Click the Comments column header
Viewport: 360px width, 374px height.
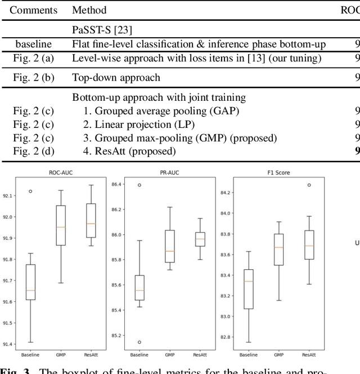33,10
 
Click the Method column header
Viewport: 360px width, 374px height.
89,10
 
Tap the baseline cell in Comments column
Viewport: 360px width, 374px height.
33,44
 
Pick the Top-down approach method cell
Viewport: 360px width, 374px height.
116,77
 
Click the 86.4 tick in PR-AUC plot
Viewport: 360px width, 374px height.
117,184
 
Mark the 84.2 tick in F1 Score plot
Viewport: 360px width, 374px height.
223,193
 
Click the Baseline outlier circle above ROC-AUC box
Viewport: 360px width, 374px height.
31,191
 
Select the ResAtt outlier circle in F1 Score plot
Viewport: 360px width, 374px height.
309,185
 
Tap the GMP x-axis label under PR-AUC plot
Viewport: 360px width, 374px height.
169,355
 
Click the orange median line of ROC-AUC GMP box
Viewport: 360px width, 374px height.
61,227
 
